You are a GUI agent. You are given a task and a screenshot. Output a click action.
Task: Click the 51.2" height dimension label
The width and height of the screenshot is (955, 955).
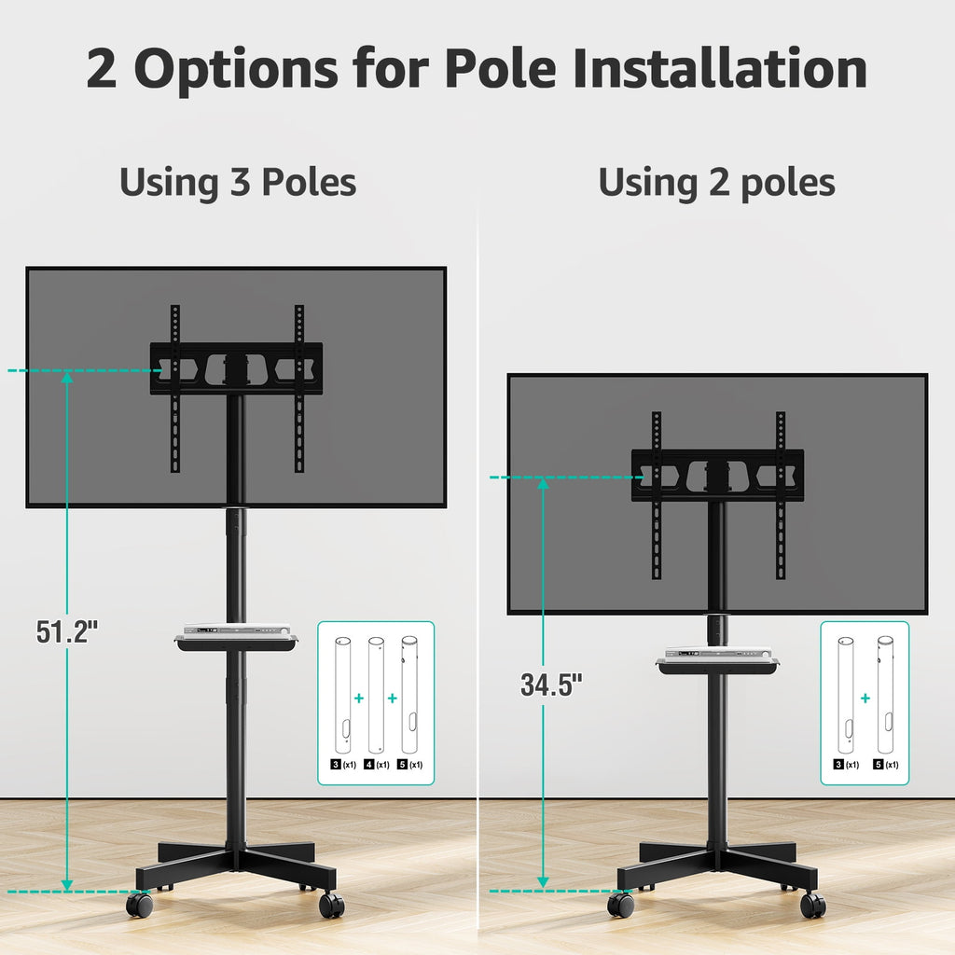[x=67, y=631]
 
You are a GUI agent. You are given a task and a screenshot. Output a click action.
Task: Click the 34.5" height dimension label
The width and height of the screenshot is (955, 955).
[x=551, y=685]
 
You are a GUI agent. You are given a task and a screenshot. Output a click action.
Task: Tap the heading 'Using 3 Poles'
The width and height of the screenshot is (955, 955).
[x=238, y=182]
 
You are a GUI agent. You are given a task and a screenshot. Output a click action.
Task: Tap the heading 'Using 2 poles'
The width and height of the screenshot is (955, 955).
[x=717, y=183]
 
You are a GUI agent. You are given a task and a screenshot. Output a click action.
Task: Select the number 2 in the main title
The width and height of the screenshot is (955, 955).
[x=101, y=68]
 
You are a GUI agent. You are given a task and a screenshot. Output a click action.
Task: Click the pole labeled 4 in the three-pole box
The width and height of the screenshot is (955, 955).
[x=377, y=695]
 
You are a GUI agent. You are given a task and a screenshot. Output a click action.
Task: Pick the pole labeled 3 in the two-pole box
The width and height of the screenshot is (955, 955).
[x=845, y=695]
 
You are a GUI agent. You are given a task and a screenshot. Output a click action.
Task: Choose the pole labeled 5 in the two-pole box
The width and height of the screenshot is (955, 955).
[x=885, y=695]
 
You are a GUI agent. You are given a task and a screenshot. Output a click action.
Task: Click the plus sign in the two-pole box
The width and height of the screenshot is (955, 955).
[x=865, y=698]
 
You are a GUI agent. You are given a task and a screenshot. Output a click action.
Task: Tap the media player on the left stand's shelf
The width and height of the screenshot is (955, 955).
[x=237, y=630]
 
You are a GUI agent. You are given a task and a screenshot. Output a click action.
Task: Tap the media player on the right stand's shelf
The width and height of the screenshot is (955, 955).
[x=718, y=652]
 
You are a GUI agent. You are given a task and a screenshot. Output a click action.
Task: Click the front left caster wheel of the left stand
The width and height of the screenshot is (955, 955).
[x=140, y=905]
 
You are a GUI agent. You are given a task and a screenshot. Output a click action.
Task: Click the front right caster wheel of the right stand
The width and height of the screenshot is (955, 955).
[x=812, y=905]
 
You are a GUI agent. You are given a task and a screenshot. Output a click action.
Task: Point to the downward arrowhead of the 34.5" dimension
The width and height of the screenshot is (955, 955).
[x=543, y=882]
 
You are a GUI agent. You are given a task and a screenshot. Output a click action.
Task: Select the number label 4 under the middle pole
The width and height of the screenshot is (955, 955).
[x=368, y=765]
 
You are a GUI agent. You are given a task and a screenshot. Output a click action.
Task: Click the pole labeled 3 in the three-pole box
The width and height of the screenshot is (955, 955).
[x=343, y=695]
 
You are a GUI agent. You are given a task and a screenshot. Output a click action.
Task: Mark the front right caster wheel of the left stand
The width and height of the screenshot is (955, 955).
[x=331, y=905]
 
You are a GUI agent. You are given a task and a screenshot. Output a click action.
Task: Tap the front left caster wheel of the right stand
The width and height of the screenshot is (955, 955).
[x=620, y=905]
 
